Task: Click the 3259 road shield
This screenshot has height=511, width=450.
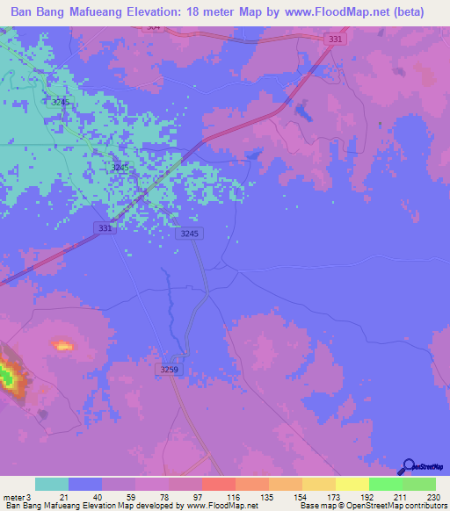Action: (170, 371)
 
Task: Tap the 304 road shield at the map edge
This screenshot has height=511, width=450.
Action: (154, 27)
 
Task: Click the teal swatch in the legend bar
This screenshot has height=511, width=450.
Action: (52, 484)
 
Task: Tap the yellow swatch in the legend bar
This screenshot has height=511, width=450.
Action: (352, 484)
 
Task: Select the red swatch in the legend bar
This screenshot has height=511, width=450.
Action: (218, 484)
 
